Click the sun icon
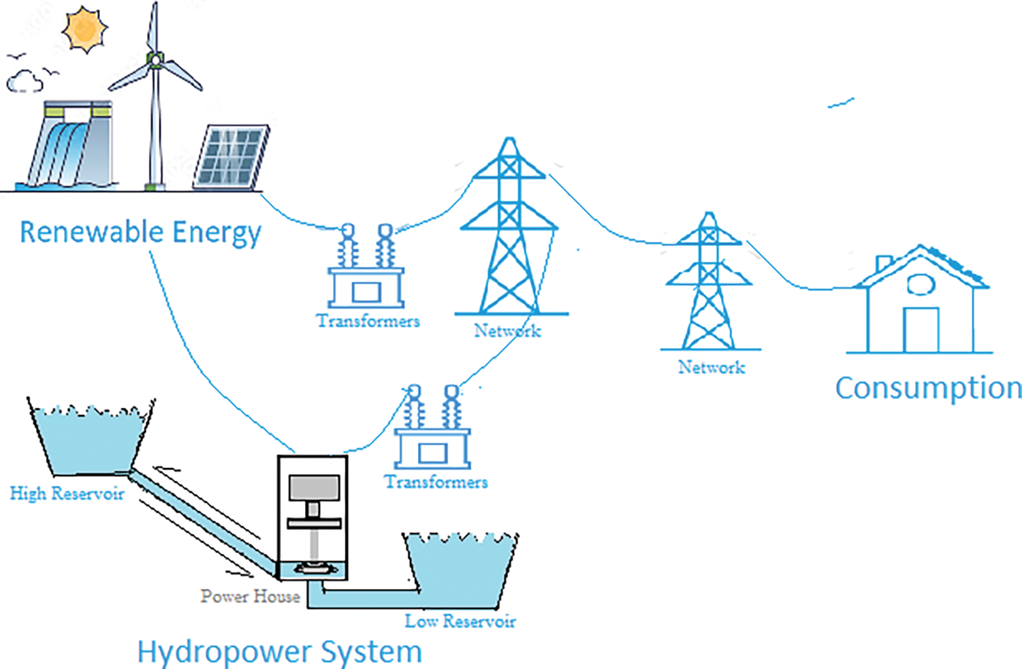point(84,29)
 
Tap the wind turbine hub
point(156,60)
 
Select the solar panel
point(231,157)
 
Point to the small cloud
point(25,82)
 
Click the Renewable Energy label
point(140,232)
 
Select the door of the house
point(921,330)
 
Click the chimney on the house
point(884,263)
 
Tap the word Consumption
point(928,388)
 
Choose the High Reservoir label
point(67,493)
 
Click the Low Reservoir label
point(460,621)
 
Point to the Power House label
point(250,597)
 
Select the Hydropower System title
point(279,652)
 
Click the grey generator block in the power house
point(314,488)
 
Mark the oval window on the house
point(920,284)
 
